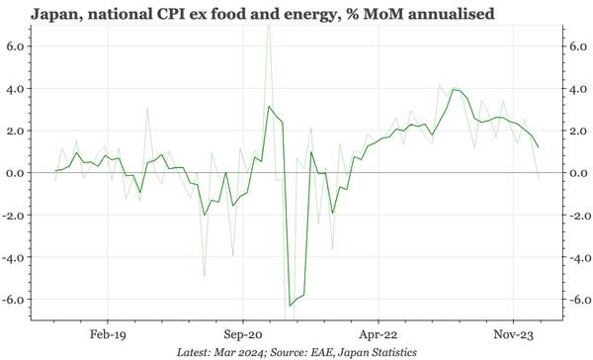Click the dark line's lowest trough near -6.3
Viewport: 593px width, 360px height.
coord(290,305)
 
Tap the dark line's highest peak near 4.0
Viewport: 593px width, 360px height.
coord(454,89)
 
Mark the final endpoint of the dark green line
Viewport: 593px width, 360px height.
coord(539,147)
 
